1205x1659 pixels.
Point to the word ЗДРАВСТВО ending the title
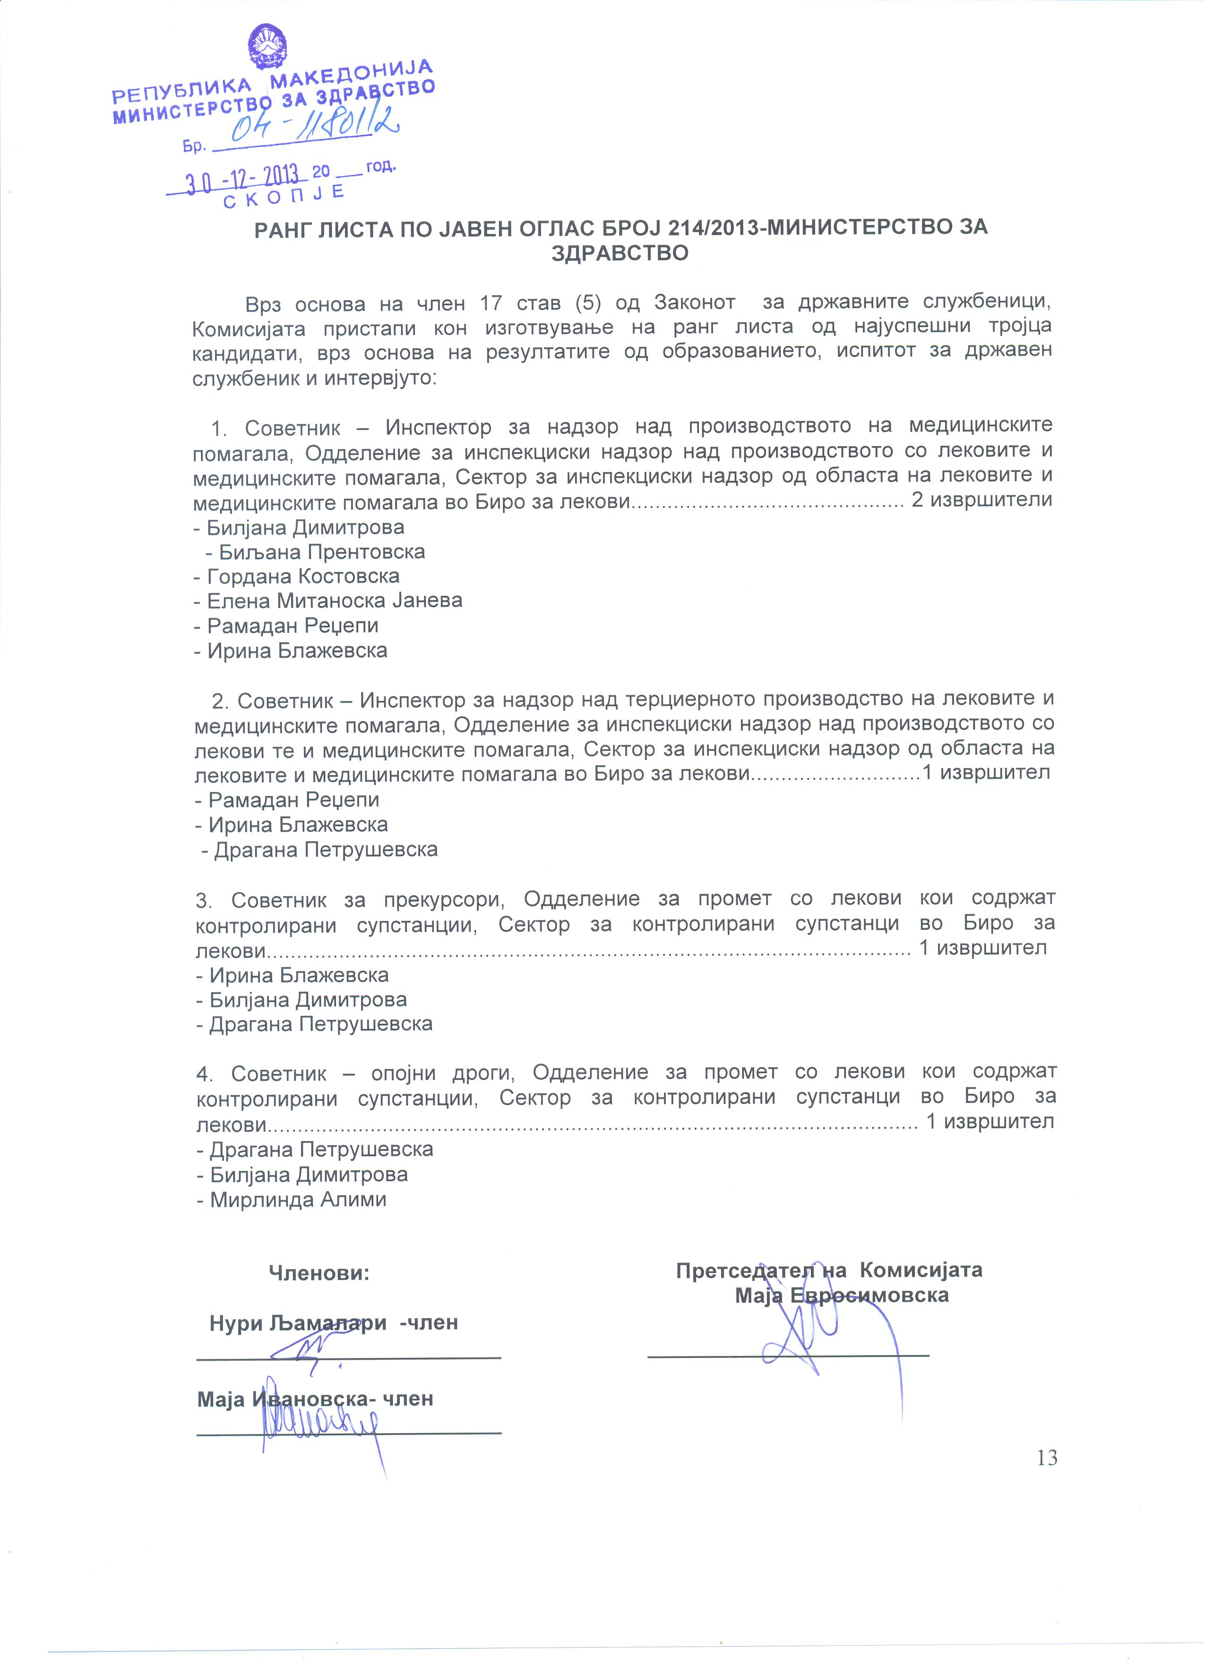(x=620, y=253)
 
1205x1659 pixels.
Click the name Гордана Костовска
(x=303, y=577)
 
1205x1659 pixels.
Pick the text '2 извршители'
(x=981, y=501)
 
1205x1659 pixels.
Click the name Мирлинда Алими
(x=298, y=1200)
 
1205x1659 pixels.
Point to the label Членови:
(x=319, y=1273)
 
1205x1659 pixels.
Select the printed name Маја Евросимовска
(x=842, y=1296)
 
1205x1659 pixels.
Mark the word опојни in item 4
(x=403, y=1073)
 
